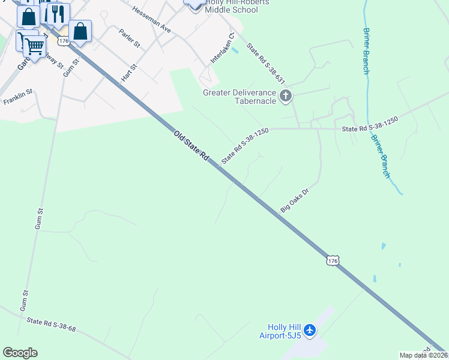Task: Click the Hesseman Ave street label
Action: pos(151,20)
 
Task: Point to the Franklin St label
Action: pos(17,98)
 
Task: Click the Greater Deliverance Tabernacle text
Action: pos(239,97)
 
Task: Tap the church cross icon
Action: pos(286,95)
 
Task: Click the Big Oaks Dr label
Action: pos(294,200)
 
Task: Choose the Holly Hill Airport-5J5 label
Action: pos(281,331)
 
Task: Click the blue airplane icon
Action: pos(310,330)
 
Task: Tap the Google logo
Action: pos(20,352)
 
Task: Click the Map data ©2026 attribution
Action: pos(423,355)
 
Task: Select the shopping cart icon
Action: pos(34,44)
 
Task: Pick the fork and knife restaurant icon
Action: pos(57,14)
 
